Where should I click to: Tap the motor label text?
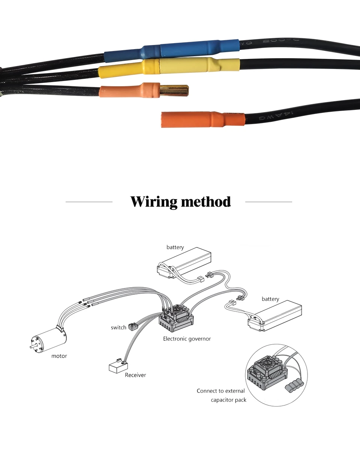59,356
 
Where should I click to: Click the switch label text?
118,327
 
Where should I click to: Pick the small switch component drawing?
132,326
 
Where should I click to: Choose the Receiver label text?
135,375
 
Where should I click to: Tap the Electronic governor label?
187,339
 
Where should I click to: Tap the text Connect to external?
220,391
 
